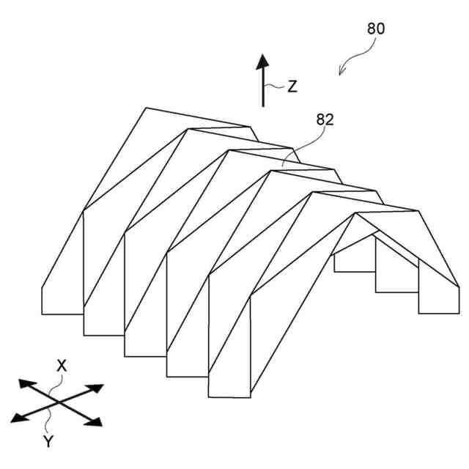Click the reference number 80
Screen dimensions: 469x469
point(375,29)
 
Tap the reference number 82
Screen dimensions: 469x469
point(325,119)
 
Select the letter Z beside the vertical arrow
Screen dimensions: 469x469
point(292,86)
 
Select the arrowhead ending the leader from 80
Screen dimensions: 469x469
point(341,71)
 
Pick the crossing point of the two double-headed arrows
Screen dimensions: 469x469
point(56,402)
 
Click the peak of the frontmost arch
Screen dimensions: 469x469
point(356,213)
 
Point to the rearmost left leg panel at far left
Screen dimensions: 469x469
point(62,289)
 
